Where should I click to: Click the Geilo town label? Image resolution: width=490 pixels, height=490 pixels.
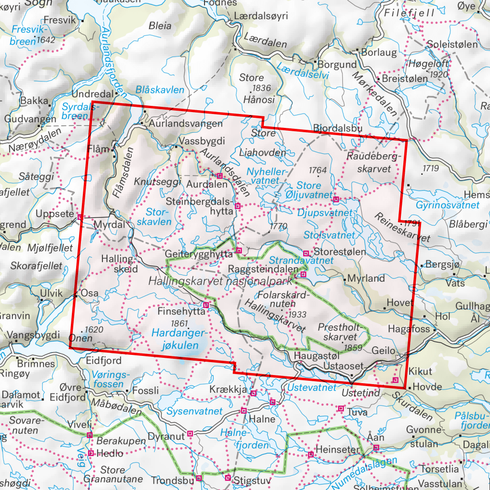coord(384,351)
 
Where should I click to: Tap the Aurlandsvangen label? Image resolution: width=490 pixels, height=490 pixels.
coord(185,124)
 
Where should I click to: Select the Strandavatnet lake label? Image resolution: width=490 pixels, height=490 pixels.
coord(301,261)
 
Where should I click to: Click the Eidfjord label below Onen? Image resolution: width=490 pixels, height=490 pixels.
coord(104,360)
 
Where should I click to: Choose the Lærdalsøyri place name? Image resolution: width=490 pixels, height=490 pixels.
coord(261,16)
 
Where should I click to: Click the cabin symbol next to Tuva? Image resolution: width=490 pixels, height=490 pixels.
coord(341,409)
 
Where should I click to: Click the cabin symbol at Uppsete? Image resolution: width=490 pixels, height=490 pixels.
coord(80,217)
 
